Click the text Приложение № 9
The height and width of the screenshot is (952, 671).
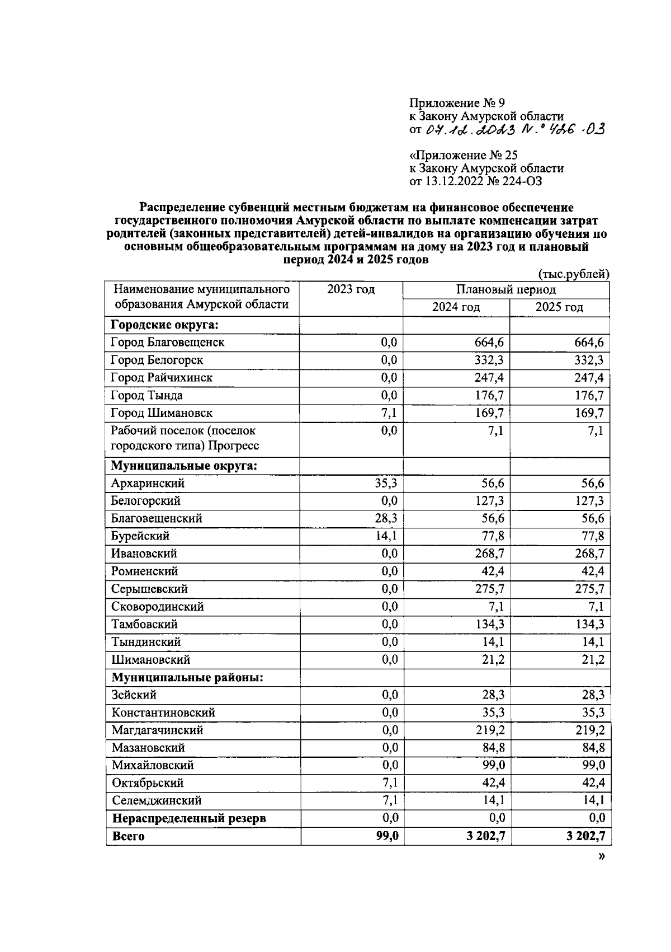tap(457, 103)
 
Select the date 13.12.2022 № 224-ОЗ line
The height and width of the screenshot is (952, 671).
tap(475, 181)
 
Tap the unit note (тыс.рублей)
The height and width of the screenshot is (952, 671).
tap(573, 274)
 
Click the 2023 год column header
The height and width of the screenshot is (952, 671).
tap(351, 289)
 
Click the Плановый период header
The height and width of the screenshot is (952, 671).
tap(505, 289)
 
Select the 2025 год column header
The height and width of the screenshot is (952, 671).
tap(559, 307)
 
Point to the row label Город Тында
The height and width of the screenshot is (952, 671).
tap(147, 396)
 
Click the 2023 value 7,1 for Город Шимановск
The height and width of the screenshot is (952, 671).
tap(389, 413)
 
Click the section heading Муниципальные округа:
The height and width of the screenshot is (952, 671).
tap(184, 466)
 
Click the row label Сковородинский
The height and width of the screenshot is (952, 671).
tap(158, 607)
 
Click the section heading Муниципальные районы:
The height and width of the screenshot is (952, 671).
tap(187, 677)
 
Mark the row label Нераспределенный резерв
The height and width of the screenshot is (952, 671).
tap(189, 818)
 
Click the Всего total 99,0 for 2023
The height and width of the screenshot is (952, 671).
tap(387, 836)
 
